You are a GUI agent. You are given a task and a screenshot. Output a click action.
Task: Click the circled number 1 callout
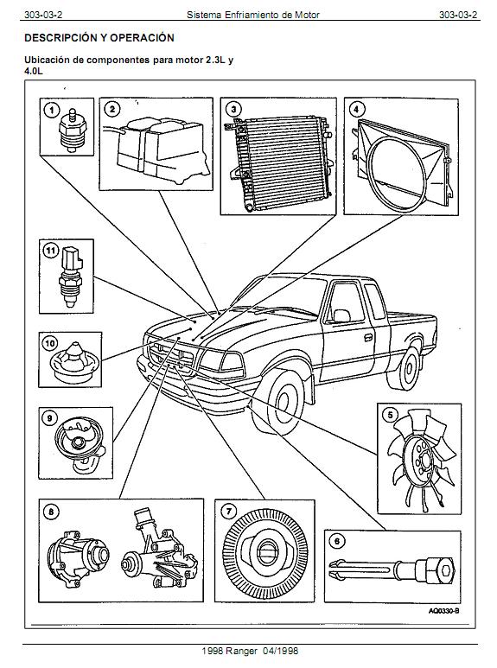pos(52,111)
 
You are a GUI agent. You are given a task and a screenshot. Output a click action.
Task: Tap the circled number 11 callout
pos(51,251)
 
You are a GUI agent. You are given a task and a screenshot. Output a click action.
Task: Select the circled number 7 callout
pos(229,512)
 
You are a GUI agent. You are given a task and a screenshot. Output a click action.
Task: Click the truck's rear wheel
pos(408,367)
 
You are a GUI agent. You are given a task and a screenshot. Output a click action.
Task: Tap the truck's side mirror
pos(341,315)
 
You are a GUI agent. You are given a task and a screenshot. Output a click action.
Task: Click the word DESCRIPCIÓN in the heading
pos(61,38)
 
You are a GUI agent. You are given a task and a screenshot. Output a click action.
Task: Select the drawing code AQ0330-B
pos(443,611)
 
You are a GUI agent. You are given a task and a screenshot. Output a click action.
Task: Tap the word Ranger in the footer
pos(242,652)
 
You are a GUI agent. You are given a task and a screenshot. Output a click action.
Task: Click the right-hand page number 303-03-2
pos(458,15)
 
